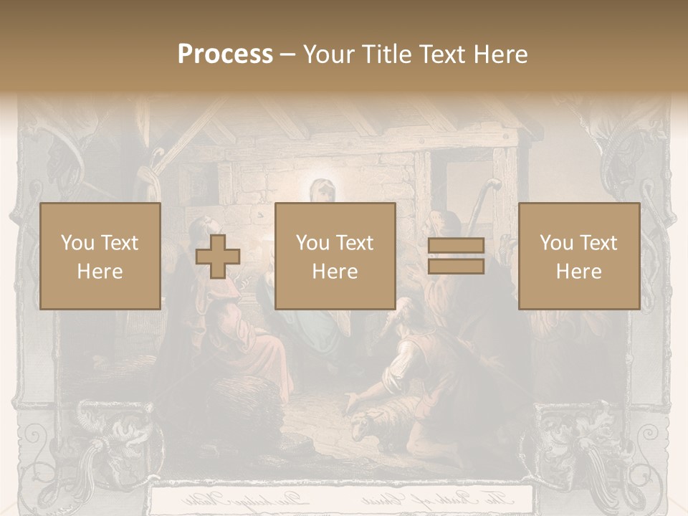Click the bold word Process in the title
point(225,54)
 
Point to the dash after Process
point(287,55)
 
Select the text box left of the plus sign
point(100,256)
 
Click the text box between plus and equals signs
point(335,256)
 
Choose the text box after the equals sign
point(578,256)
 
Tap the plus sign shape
point(218,256)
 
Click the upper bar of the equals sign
point(456,246)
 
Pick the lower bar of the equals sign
point(456,266)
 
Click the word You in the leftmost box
point(77,243)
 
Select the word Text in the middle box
point(355,243)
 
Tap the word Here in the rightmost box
point(578,272)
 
